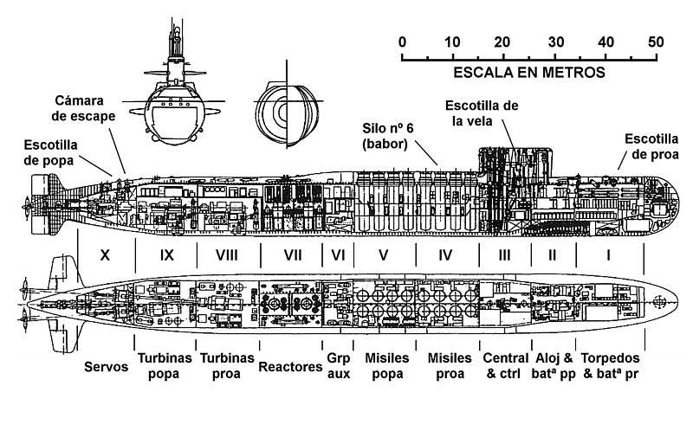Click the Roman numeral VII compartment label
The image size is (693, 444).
pyautogui.click(x=293, y=255)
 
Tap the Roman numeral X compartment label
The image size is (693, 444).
pyautogui.click(x=105, y=255)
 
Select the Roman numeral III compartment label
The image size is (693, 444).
pyautogui.click(x=504, y=255)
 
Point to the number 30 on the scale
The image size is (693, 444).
pyautogui.click(x=556, y=42)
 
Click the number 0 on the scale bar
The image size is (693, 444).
pyautogui.click(x=402, y=42)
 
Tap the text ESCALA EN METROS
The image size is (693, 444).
pyautogui.click(x=529, y=72)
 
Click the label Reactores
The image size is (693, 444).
pyautogui.click(x=290, y=367)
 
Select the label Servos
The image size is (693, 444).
pyautogui.click(x=106, y=367)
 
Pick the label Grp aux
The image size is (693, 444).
pyautogui.click(x=338, y=366)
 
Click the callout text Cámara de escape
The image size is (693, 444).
pyautogui.click(x=83, y=108)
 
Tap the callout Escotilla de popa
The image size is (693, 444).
pyautogui.click(x=50, y=152)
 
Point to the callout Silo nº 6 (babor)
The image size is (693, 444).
pyautogui.click(x=388, y=136)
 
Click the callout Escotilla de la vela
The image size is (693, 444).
pyautogui.click(x=482, y=113)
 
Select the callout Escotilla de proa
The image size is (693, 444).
pyautogui.click(x=652, y=146)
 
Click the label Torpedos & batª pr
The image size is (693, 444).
pyautogui.click(x=611, y=366)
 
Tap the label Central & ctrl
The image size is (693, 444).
pyautogui.click(x=506, y=366)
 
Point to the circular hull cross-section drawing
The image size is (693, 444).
pyautogui.click(x=287, y=113)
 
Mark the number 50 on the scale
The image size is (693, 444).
pyautogui.click(x=656, y=42)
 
